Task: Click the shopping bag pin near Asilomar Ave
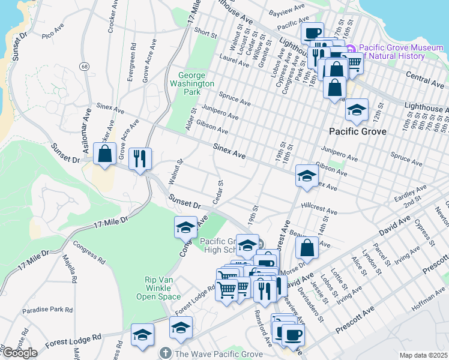click(x=105, y=154)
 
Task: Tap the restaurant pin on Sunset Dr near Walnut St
click(x=140, y=158)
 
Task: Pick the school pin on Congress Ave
click(x=185, y=227)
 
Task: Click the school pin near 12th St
click(x=357, y=110)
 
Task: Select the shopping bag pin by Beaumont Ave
click(x=307, y=247)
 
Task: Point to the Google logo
click(x=19, y=353)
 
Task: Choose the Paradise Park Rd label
click(x=47, y=310)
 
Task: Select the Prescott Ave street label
click(x=355, y=318)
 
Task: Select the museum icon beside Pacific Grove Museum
click(x=350, y=49)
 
